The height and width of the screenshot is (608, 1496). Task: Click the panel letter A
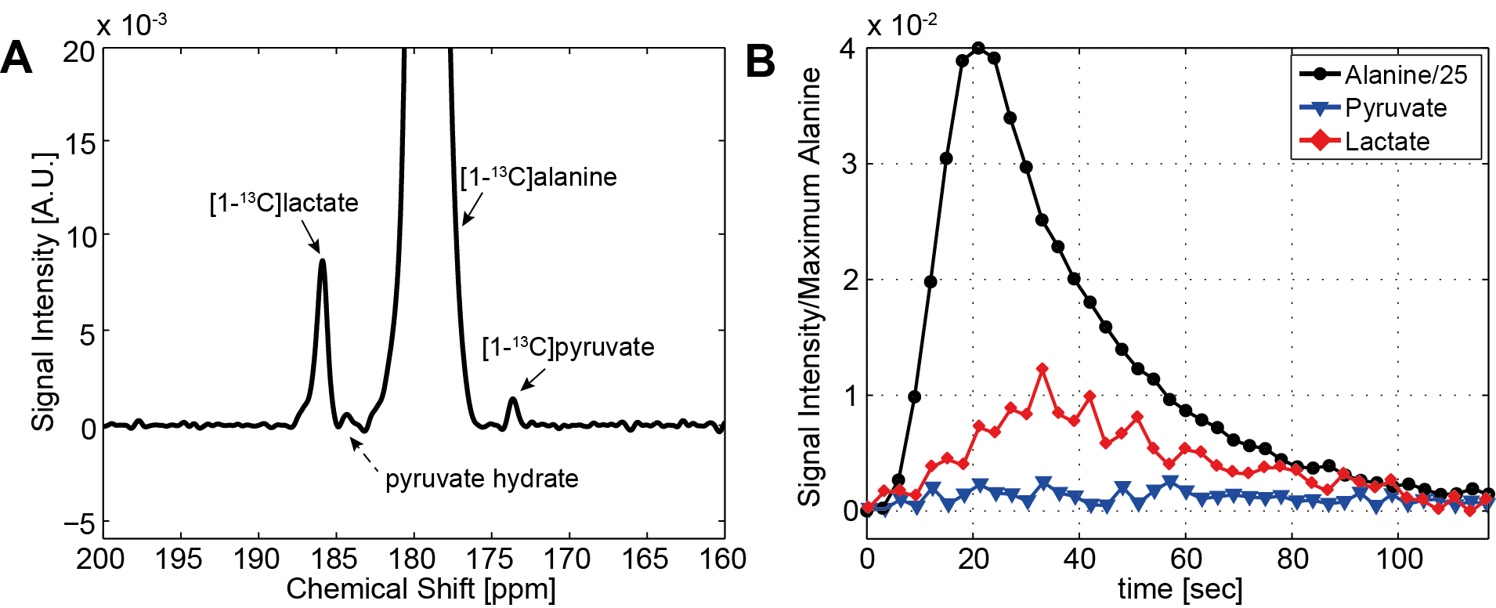tap(17, 58)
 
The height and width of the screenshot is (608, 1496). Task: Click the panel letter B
tap(760, 60)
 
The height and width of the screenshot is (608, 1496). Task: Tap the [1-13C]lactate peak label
tap(284, 203)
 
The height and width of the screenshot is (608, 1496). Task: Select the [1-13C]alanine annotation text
tap(539, 177)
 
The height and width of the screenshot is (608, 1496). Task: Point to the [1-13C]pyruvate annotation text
tap(568, 347)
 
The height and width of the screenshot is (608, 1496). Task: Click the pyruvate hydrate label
tap(482, 479)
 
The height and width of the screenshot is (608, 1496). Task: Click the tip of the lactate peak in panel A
tap(322, 261)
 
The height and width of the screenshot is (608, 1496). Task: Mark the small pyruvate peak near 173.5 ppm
tap(513, 400)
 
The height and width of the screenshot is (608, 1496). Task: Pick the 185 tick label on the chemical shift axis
tap(335, 559)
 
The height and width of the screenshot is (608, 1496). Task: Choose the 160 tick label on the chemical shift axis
tap(722, 559)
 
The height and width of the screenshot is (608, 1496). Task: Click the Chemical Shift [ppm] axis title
tap(421, 589)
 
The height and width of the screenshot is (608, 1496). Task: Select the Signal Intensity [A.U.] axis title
tap(44, 290)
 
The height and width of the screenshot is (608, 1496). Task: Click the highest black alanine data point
tap(978, 49)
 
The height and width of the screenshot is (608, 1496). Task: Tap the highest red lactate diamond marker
tap(1042, 369)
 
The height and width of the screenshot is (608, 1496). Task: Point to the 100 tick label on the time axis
tap(1399, 559)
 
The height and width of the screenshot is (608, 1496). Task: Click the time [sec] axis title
tap(1180, 589)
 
